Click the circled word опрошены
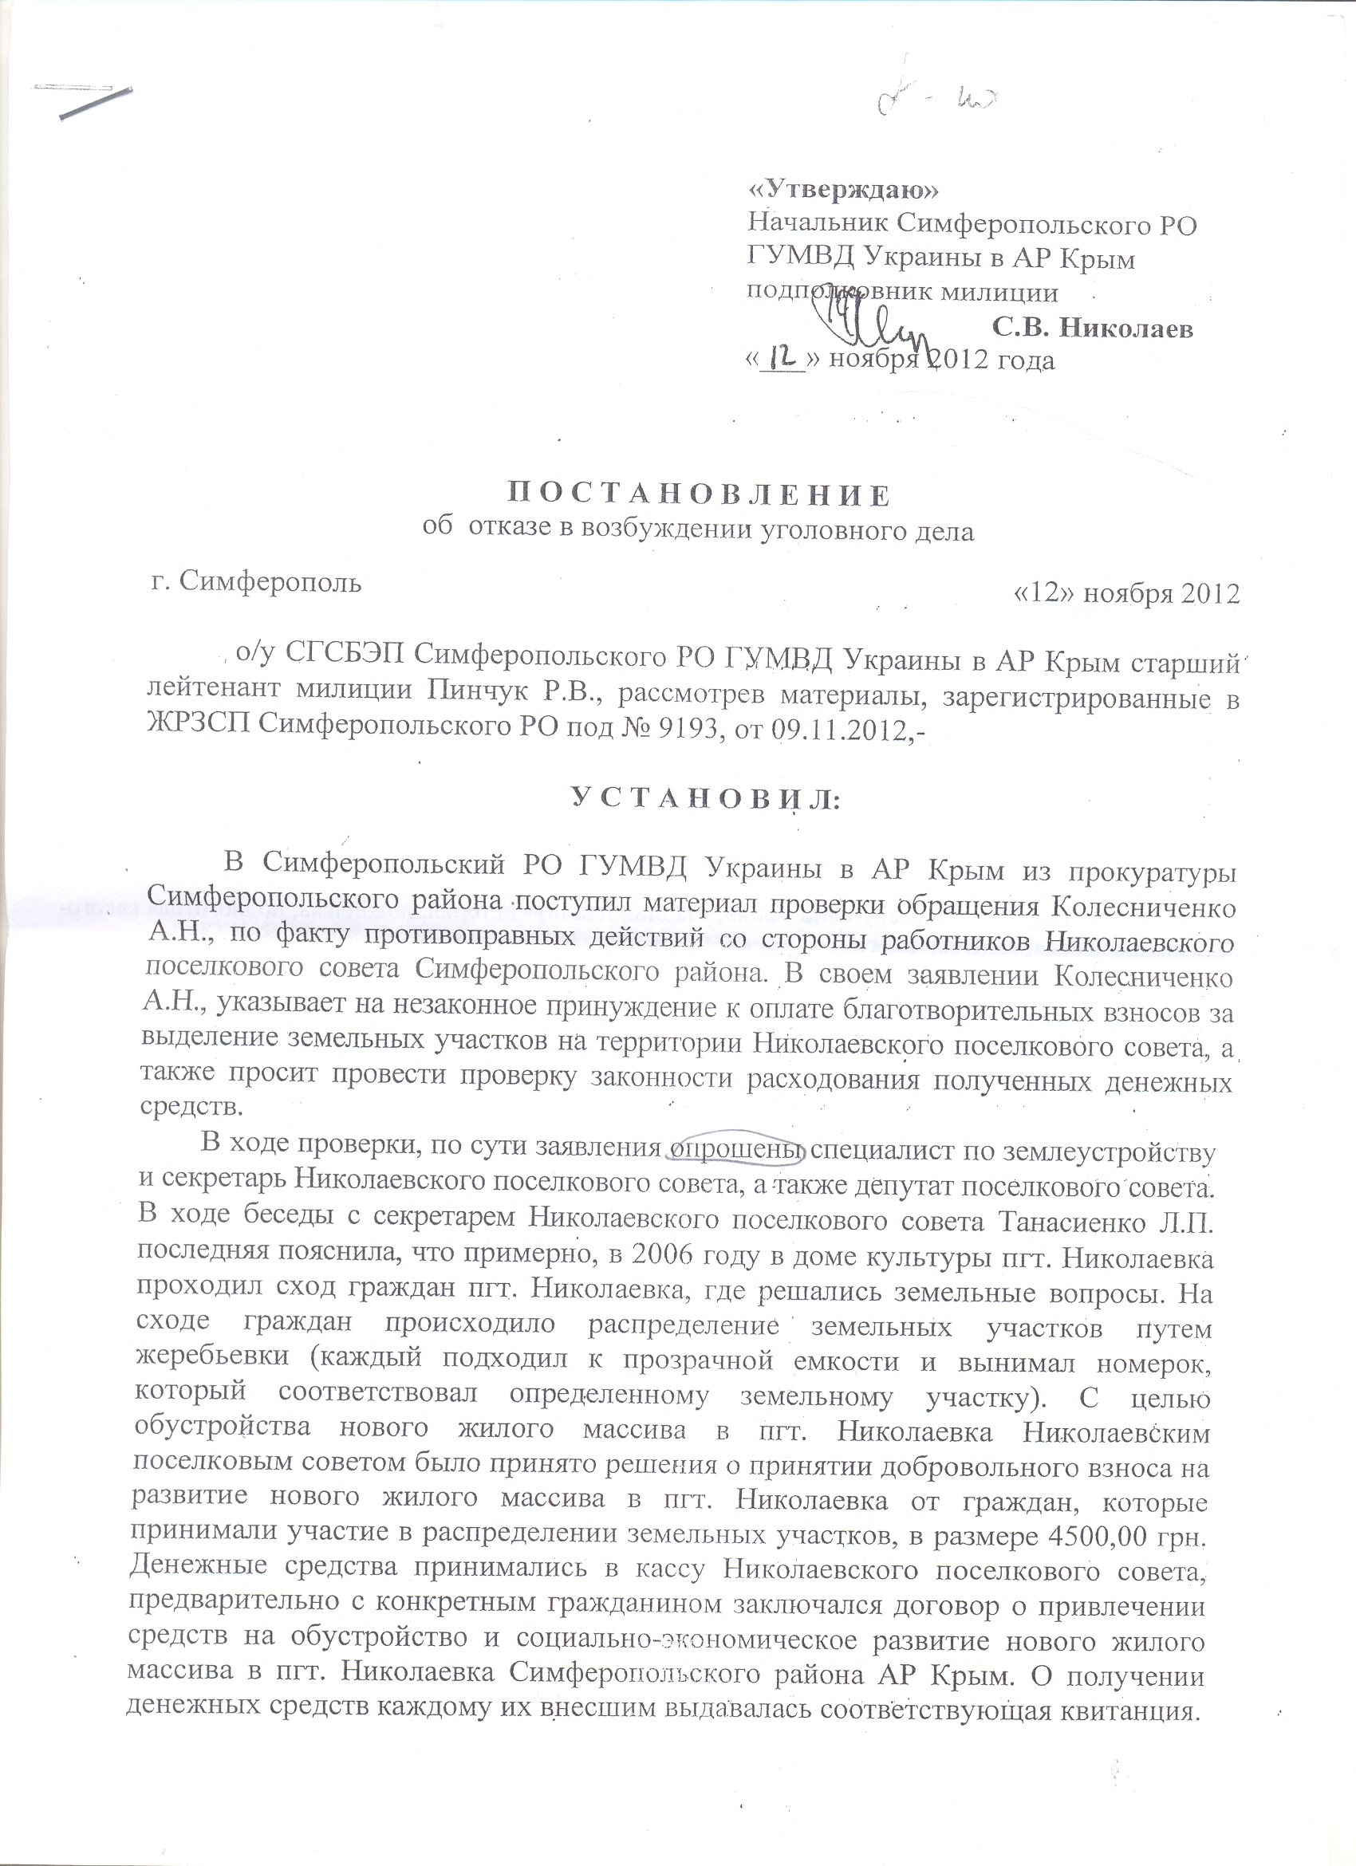tap(736, 1146)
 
